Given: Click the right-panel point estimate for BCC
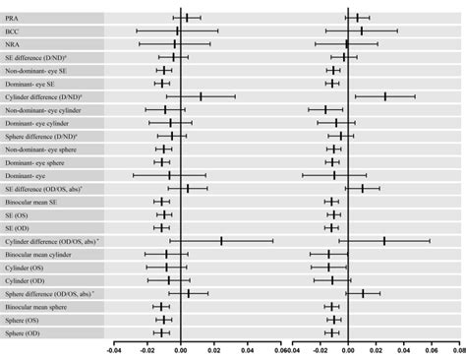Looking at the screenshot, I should click(x=361, y=30).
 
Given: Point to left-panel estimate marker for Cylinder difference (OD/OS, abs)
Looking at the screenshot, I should click(x=221, y=240).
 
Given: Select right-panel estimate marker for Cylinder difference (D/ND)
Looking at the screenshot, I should click(x=384, y=96).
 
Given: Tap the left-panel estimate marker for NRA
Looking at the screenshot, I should click(x=177, y=44).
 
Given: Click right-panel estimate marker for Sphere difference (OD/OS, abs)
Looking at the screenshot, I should click(x=363, y=293).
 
